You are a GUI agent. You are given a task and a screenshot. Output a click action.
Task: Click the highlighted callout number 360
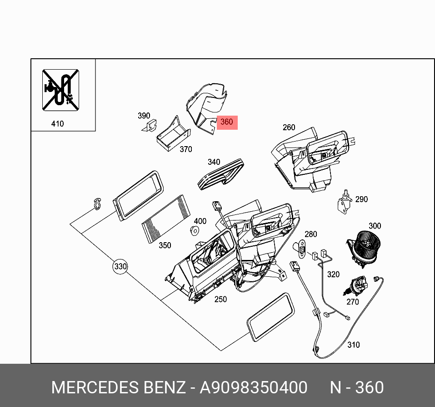(226, 122)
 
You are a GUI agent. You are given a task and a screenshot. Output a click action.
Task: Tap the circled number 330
(120, 266)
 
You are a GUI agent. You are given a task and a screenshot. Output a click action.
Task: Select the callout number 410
(58, 123)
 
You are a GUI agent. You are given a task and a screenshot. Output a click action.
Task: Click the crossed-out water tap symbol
(60, 89)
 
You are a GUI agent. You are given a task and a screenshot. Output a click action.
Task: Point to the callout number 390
(144, 116)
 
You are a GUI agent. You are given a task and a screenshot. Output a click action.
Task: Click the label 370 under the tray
(185, 149)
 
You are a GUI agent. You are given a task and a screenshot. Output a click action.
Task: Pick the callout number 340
(214, 162)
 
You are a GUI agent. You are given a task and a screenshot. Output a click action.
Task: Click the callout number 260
(289, 127)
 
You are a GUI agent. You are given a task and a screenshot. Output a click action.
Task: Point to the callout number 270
(352, 301)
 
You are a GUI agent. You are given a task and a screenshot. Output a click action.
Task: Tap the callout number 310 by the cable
(353, 345)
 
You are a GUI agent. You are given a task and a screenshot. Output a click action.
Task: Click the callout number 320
(333, 274)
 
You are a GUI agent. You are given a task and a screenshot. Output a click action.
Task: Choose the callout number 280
(310, 234)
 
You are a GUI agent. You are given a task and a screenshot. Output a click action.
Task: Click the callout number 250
(220, 299)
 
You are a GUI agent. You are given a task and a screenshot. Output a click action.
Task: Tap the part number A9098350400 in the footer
(254, 387)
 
